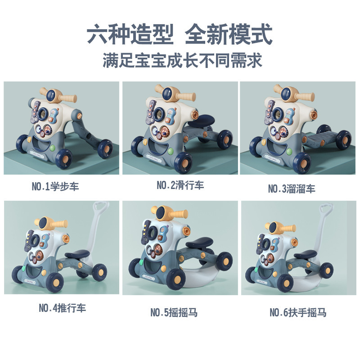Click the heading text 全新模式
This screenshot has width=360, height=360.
click(229, 35)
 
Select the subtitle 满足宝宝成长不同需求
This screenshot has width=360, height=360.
click(180, 60)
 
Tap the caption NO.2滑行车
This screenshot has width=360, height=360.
click(180, 185)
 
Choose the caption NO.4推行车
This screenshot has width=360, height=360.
click(62, 308)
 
